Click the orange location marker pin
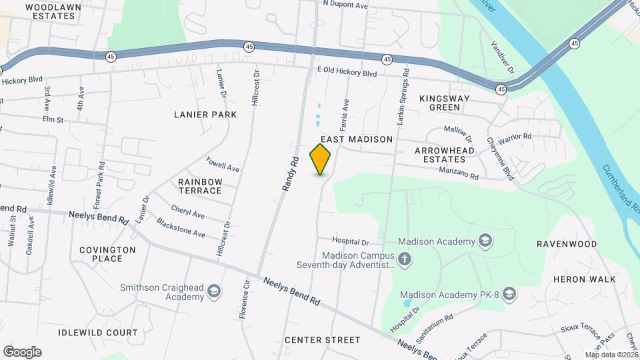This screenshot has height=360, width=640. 321,159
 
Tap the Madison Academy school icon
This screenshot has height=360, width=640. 485,241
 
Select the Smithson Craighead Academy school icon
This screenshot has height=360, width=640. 213,290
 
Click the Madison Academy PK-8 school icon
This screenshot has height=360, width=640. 509,294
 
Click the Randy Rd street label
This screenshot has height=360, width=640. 289,174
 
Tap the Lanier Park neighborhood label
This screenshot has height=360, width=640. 205,115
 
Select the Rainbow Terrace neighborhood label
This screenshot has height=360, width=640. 200,186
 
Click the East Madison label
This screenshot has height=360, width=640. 357,139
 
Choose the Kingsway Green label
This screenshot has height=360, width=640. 445,103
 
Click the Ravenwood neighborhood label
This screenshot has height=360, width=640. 567,244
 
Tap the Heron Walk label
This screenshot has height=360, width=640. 584,279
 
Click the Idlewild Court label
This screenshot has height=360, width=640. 97,332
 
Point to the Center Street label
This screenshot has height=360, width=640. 322,340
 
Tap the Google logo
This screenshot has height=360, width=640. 22,352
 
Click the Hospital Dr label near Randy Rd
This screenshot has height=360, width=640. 351,241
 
